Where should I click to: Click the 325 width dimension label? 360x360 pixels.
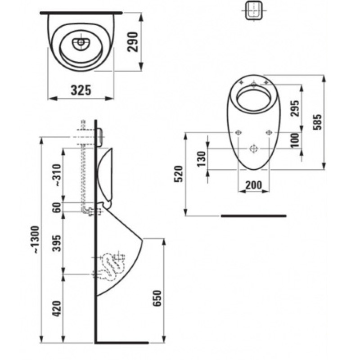pos(81,90)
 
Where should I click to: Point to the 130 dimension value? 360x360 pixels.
pos(202,159)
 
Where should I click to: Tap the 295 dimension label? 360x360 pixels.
pos(295,108)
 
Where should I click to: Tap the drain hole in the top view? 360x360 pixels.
pos(81,43)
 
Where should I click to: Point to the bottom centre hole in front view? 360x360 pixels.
pos(254,148)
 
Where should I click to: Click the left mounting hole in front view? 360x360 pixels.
pos(238,132)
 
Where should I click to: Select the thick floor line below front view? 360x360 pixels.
pos(253,216)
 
